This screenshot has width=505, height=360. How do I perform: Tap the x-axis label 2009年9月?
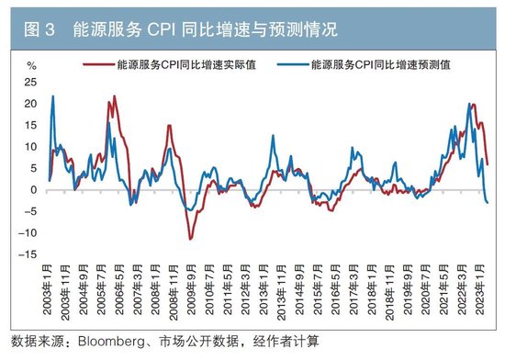pyautogui.click(x=191, y=294)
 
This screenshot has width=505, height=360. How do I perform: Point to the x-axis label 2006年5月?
pyautogui.click(x=120, y=294)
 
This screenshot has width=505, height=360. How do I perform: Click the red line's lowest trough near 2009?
pyautogui.click(x=191, y=240)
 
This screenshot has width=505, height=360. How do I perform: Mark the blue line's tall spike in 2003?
pyautogui.click(x=53, y=96)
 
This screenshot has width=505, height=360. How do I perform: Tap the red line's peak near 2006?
pyautogui.click(x=115, y=96)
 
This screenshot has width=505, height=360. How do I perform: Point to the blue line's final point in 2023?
pyautogui.click(x=488, y=203)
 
